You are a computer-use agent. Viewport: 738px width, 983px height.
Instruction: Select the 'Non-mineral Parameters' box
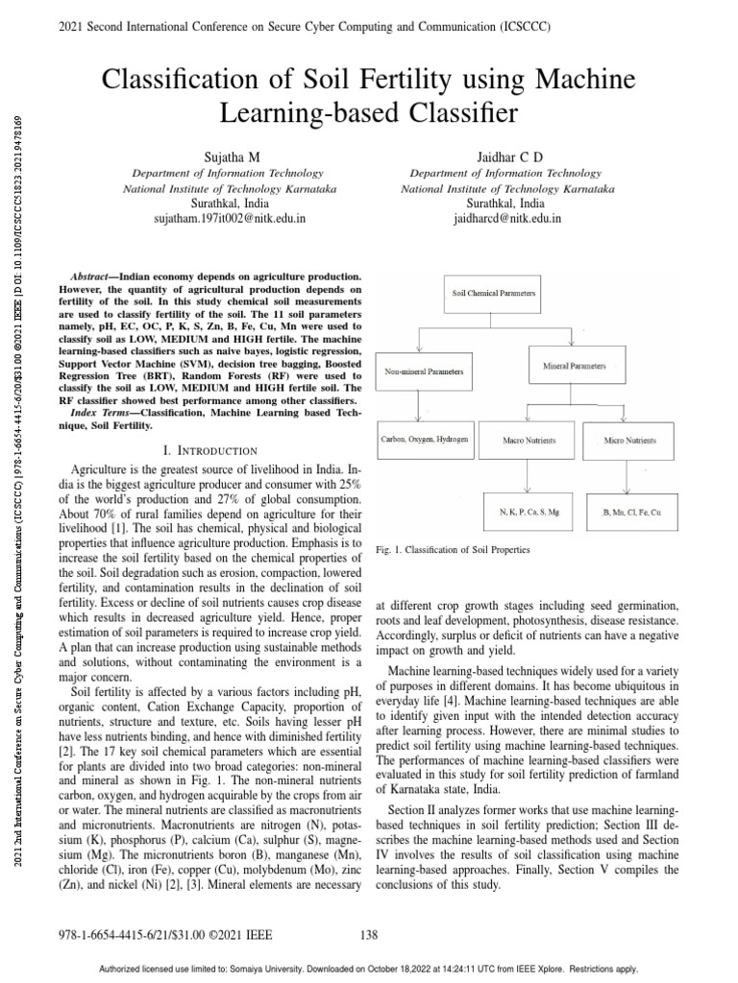click(423, 370)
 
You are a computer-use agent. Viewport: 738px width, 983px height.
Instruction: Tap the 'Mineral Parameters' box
click(574, 367)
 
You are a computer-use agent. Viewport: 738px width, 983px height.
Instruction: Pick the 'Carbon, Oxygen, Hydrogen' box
click(423, 440)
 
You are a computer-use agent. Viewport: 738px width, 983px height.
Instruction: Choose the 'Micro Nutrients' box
click(630, 440)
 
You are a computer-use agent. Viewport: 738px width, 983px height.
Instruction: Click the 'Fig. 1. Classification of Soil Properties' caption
click(452, 550)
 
